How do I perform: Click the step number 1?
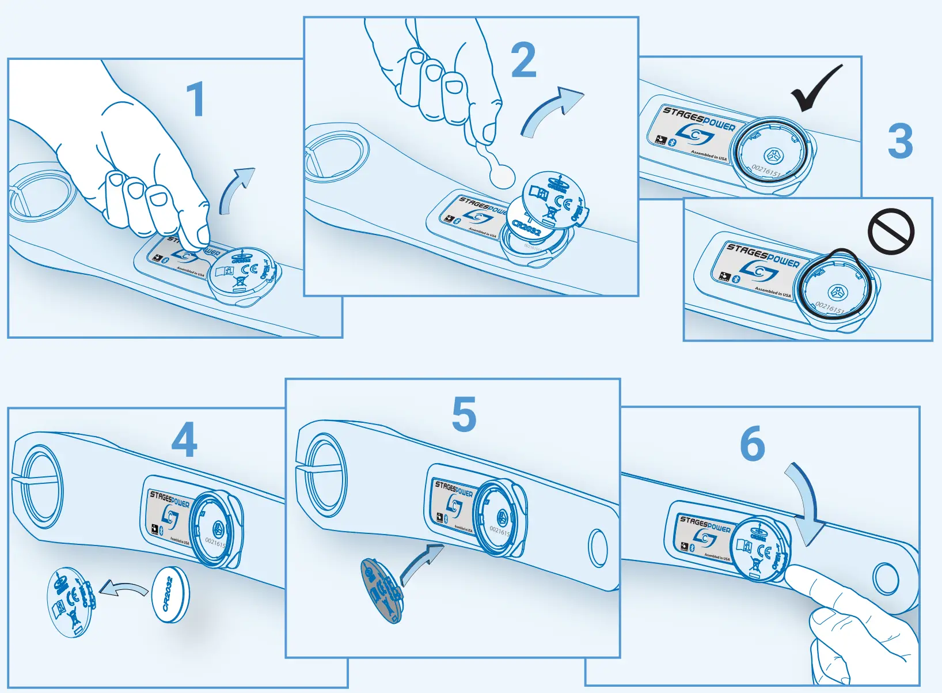[196, 99]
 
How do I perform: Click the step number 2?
[523, 60]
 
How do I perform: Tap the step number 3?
[900, 141]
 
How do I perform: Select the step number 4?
[184, 440]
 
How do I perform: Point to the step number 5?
[464, 414]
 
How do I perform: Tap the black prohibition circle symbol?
[891, 231]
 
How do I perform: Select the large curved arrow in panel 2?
[550, 112]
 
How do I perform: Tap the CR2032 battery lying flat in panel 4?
[170, 594]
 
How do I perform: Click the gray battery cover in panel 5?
[381, 590]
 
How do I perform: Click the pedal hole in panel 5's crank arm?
[598, 548]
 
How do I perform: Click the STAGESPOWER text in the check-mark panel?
[698, 118]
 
